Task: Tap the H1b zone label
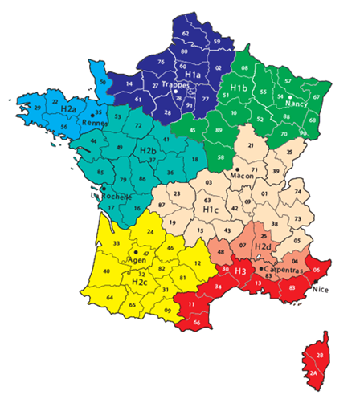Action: click(x=239, y=87)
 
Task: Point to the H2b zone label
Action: click(x=147, y=150)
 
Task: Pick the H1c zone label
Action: click(x=211, y=209)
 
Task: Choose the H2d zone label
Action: click(x=264, y=246)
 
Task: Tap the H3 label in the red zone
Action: click(x=239, y=272)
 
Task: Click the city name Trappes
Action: click(x=174, y=83)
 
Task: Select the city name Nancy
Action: click(x=297, y=104)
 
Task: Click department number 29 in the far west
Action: click(x=36, y=107)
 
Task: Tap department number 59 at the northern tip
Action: click(x=216, y=41)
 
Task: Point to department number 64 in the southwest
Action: click(x=110, y=298)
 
